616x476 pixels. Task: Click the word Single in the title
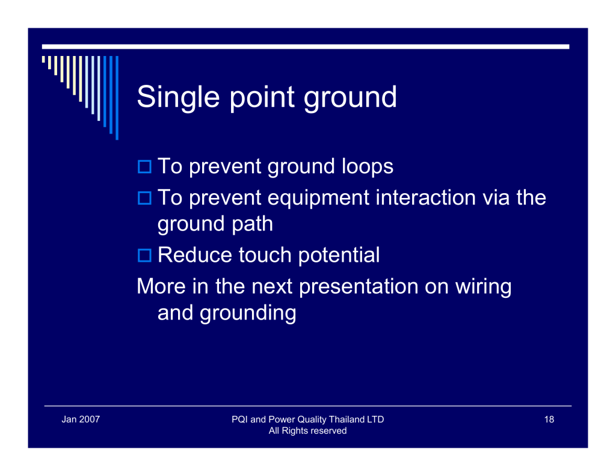tap(178, 97)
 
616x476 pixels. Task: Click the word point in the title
tap(262, 97)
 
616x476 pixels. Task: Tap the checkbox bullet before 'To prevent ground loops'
tap(144, 167)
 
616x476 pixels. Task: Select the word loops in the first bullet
tap(368, 167)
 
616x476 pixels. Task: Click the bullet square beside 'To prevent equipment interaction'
tap(144, 198)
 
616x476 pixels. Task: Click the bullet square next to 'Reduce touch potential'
tap(144, 256)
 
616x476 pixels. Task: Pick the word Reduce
tap(195, 255)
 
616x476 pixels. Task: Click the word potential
tap(339, 256)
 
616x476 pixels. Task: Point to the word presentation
tap(359, 287)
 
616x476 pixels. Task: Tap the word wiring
tap(483, 287)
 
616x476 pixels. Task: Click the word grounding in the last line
tap(248, 314)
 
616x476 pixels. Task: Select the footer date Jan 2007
tap(81, 419)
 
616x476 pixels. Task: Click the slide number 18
tap(549, 419)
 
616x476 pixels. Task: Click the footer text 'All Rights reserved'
tap(307, 431)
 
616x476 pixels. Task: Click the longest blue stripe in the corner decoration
tap(117, 98)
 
